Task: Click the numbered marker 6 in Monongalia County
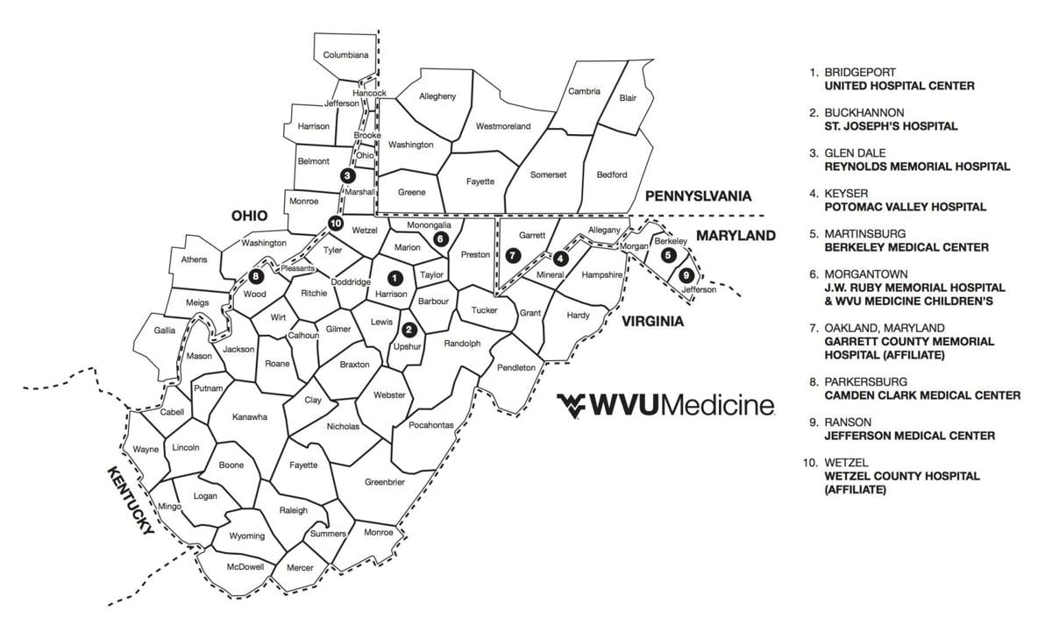click(x=440, y=238)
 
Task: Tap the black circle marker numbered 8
click(x=255, y=276)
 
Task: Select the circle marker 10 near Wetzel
click(x=335, y=224)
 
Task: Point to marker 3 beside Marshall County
click(x=349, y=176)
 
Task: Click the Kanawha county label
click(x=249, y=417)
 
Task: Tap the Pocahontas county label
click(x=431, y=425)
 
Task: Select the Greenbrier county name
click(x=385, y=481)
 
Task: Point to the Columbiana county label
click(x=345, y=54)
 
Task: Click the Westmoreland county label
click(x=503, y=126)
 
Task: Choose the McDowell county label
click(x=245, y=566)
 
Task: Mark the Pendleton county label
click(x=515, y=367)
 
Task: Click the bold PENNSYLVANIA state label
click(x=698, y=195)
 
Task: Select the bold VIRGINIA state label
click(x=652, y=322)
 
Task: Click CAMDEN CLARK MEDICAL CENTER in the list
click(x=922, y=395)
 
